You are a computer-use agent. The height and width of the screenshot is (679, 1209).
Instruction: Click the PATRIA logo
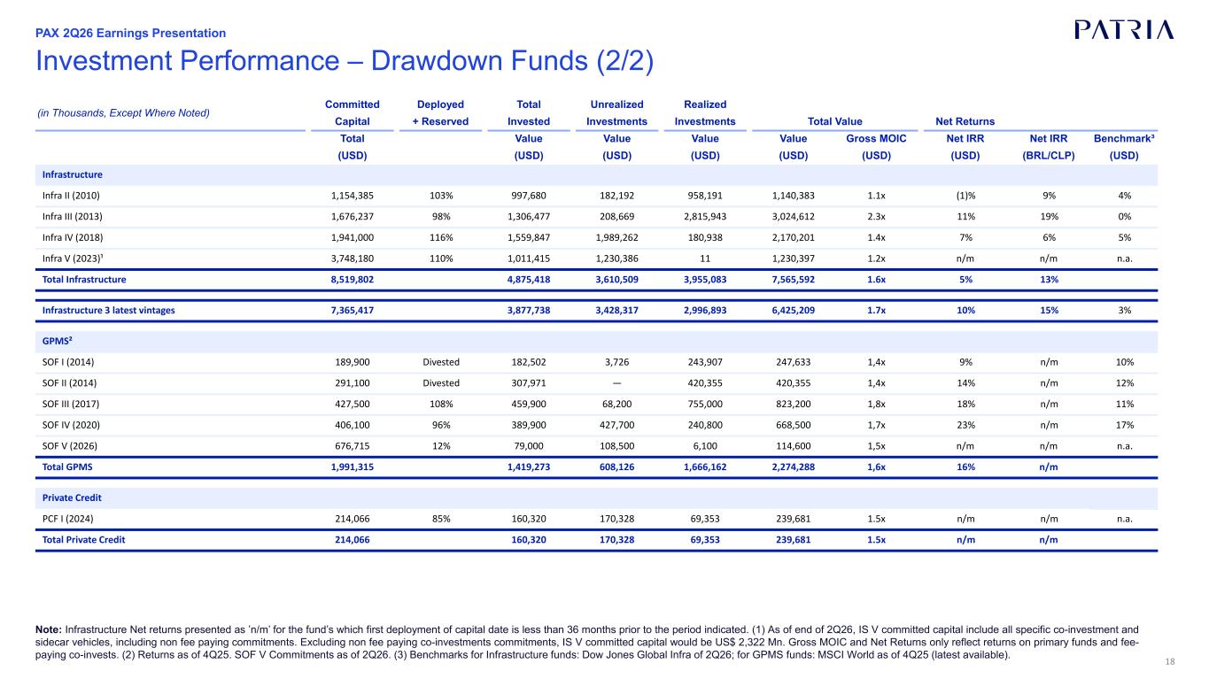coord(1124,30)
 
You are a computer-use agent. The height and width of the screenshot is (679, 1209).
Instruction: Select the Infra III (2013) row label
coord(73,217)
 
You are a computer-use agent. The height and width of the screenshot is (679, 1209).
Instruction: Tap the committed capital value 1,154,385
coord(352,196)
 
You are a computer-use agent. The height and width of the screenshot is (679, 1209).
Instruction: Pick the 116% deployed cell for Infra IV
coord(441,237)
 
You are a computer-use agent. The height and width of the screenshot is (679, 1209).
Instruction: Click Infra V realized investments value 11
coord(705,258)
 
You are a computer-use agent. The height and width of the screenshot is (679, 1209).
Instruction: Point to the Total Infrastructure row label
coord(84,280)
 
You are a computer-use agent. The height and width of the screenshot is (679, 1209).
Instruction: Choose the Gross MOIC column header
coord(876,139)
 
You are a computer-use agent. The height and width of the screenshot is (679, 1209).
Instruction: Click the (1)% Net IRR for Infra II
coord(965,196)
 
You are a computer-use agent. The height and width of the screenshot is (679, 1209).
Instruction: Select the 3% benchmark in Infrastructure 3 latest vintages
coord(1124,310)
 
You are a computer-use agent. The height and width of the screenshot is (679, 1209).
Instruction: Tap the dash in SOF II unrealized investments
coord(617,383)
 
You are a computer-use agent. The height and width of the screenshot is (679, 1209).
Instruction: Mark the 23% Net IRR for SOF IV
coord(965,425)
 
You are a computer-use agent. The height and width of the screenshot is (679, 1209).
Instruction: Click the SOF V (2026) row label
coord(70,446)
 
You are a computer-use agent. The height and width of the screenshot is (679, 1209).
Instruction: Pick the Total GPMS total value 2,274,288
coord(793,467)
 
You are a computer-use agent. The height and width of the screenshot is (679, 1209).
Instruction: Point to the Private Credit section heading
coord(72,498)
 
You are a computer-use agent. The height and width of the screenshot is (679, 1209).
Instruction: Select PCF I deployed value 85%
coord(441,519)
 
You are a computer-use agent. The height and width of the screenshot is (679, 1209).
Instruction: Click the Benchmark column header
coord(1124,139)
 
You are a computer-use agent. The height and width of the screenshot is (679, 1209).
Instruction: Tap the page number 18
coord(1170,662)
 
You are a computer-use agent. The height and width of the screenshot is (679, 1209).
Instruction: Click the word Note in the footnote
coord(49,630)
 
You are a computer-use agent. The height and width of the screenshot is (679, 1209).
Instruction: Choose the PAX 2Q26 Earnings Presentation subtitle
coord(130,33)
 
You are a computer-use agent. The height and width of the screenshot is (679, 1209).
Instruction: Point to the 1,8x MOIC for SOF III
coord(876,404)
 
